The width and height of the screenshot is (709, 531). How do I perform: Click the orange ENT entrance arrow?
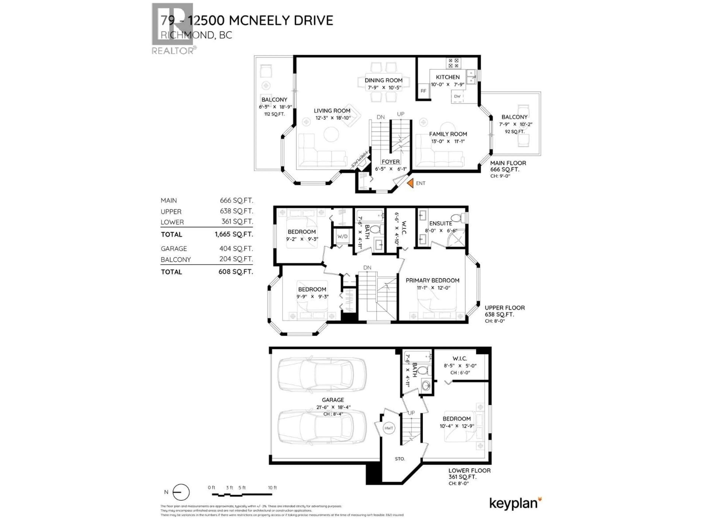410,183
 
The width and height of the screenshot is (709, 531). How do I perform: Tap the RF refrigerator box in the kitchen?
423,91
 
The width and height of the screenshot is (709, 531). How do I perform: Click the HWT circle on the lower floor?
389,428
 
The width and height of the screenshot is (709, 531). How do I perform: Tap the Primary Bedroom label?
432,280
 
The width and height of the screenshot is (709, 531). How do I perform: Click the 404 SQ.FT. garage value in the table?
236,248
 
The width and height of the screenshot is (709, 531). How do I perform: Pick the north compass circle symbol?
181,492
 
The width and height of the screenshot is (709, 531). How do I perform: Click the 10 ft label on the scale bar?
272,487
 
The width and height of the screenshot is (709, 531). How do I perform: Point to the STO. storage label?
400,459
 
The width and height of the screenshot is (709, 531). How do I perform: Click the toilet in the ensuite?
457,218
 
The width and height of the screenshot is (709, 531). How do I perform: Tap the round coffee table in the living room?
331,134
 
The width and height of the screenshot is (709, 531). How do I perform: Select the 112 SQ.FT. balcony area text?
274,114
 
